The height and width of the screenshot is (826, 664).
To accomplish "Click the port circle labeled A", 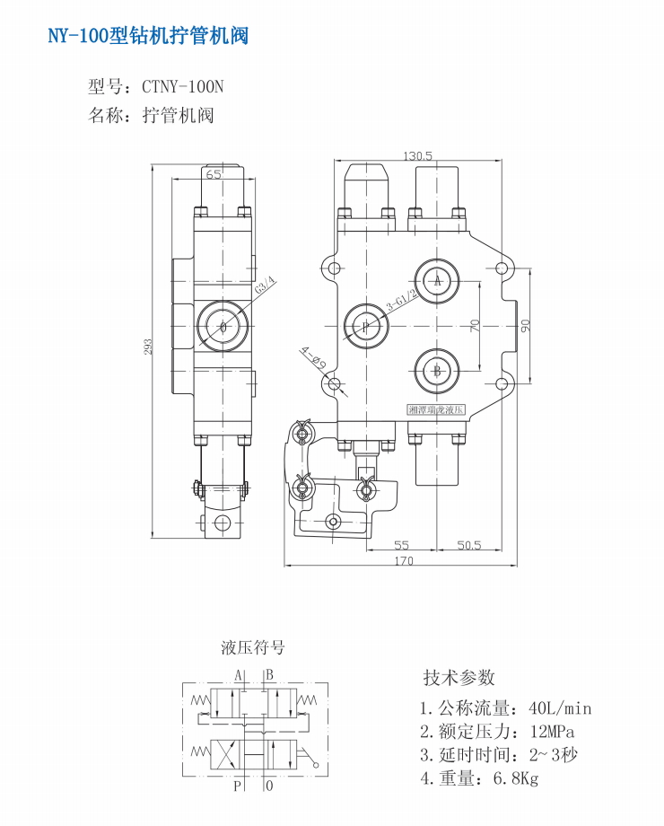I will tap(438, 281).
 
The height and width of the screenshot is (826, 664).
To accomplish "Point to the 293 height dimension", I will tap(149, 346).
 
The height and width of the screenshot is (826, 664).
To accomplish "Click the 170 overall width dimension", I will tap(404, 561).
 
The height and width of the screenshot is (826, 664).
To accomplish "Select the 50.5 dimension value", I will tap(469, 545).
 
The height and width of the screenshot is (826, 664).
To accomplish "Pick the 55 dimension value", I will tap(401, 545).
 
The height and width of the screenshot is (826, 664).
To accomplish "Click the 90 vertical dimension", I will tap(527, 325).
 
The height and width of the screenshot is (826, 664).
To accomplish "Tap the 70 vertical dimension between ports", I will tap(476, 325).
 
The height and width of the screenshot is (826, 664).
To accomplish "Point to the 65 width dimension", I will tap(214, 175).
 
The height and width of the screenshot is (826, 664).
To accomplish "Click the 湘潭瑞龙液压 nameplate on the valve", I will tap(437, 409).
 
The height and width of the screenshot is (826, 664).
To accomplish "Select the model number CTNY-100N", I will tap(182, 87).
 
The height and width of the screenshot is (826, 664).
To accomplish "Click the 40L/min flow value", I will tap(561, 708).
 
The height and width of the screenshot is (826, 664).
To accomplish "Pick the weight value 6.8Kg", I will tap(516, 778).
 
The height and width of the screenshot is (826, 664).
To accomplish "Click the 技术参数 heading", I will tap(459, 678).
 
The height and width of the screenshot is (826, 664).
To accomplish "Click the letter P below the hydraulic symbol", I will tap(238, 787).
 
